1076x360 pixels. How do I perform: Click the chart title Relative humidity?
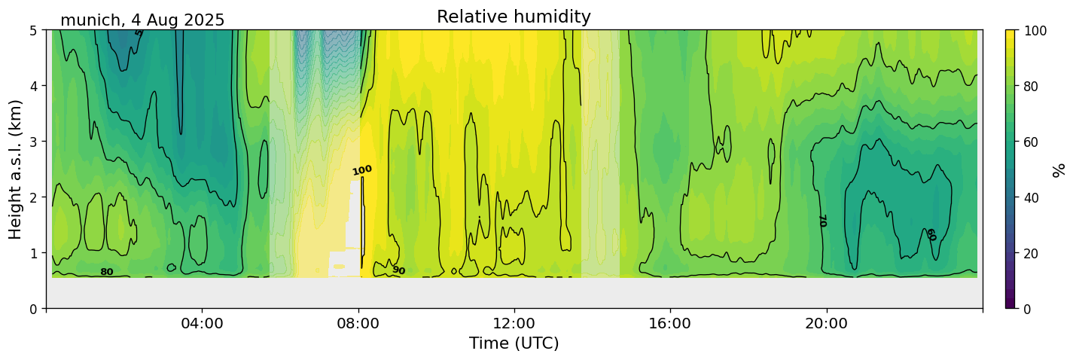(x=514, y=17)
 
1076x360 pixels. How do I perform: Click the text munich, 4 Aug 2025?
(x=142, y=20)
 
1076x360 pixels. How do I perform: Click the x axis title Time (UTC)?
(x=514, y=344)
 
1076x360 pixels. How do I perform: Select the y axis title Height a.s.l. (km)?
(x=16, y=169)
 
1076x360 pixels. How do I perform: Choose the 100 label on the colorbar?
(x=1039, y=31)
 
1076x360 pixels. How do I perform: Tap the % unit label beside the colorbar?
(x=1059, y=169)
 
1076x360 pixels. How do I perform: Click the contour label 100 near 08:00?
(x=362, y=170)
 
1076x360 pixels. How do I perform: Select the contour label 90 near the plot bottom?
(x=398, y=270)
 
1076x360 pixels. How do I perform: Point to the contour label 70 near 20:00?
(x=821, y=221)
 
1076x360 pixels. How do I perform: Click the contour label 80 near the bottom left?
(x=107, y=272)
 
